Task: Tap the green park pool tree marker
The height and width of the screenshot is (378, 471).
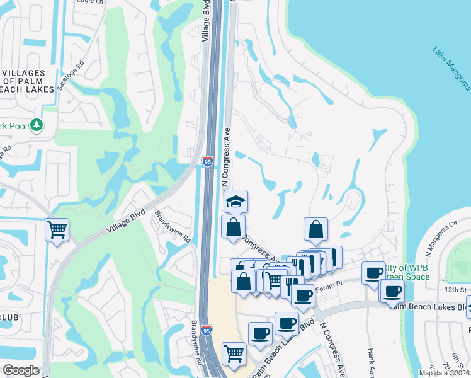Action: point(37,125)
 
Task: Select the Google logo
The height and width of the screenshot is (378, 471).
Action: point(21,370)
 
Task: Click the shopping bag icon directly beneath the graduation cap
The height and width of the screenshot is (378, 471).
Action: point(233,227)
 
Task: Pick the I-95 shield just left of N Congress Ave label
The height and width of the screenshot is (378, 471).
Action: point(208,162)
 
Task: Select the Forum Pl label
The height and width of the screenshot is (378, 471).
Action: point(327,288)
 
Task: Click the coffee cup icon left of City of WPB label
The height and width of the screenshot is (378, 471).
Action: point(374,272)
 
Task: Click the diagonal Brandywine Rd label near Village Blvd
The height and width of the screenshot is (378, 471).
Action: point(173,226)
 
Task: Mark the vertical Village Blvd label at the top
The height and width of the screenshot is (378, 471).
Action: point(205,22)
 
